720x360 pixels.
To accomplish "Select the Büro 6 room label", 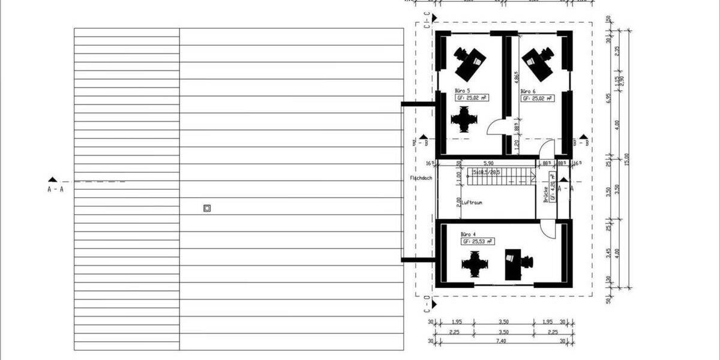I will [528, 91].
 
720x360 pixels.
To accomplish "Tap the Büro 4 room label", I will [468, 234].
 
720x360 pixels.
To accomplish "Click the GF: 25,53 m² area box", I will [477, 241].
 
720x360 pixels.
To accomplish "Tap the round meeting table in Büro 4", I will [475, 263].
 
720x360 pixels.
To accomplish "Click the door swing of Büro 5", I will [496, 127].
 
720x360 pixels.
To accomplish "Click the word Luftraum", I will [472, 203].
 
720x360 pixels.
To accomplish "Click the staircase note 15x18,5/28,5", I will [485, 171].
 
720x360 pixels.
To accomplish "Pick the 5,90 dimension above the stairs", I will [488, 163].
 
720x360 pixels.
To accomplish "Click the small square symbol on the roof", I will [207, 209].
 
